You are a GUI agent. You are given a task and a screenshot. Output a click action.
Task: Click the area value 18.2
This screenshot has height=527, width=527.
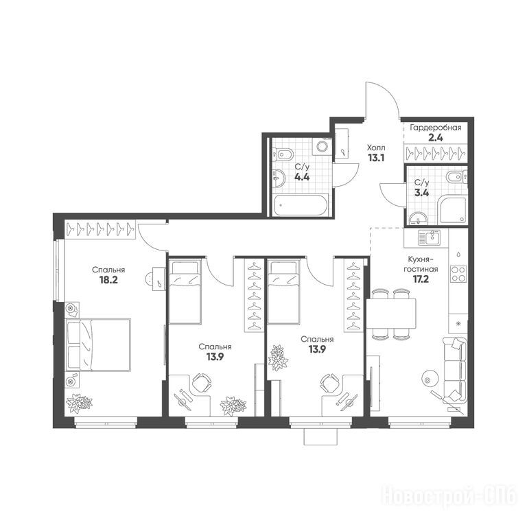[x=108, y=280]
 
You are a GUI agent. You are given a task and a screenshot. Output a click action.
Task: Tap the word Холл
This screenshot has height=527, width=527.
[x=376, y=148]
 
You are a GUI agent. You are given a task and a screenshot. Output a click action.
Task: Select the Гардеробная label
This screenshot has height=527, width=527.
[x=436, y=128]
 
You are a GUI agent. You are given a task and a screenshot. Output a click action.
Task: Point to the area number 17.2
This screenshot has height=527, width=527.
[x=421, y=279]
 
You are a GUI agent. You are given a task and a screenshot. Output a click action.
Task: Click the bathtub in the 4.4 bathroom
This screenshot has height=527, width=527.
[x=301, y=204]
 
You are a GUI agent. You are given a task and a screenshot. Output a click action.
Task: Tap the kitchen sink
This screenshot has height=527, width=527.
[x=429, y=238]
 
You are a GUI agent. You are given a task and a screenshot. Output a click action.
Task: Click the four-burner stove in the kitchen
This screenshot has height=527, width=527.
[x=458, y=274]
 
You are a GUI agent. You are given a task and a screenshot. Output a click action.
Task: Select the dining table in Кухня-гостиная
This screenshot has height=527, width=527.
[x=391, y=313]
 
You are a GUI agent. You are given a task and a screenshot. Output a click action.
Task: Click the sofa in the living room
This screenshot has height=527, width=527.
[x=455, y=370]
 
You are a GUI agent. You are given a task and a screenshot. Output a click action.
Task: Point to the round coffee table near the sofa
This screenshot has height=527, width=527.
[x=430, y=379]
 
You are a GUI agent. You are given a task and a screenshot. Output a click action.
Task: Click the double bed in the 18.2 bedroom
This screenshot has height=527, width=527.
[x=98, y=345]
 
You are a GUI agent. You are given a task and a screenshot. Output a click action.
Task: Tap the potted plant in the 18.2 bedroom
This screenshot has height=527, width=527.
[x=80, y=403]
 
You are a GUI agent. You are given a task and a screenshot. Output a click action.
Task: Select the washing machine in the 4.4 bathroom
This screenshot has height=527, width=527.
[x=323, y=147]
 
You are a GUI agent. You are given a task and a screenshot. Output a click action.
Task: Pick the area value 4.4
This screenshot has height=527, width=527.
[x=302, y=177]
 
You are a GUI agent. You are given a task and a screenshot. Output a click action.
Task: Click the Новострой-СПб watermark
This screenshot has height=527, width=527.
[x=449, y=496]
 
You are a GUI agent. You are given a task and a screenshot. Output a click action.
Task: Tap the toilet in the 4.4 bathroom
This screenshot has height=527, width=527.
[x=283, y=154]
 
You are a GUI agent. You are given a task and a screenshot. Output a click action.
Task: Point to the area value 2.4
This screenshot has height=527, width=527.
[x=436, y=138]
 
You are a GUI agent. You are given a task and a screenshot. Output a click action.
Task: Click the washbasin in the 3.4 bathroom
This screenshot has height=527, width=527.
[x=418, y=219]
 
